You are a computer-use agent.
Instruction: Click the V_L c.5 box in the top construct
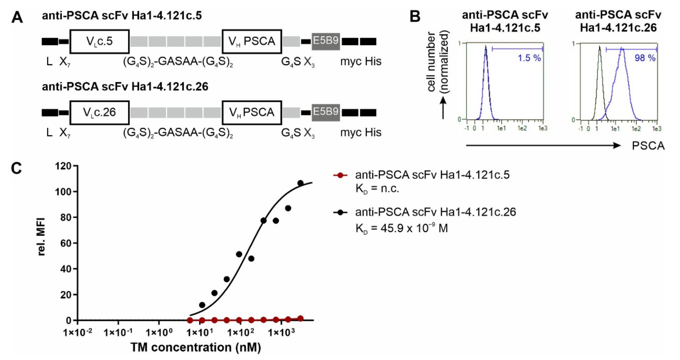click(x=100, y=42)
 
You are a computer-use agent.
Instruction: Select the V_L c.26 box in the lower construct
click(x=100, y=113)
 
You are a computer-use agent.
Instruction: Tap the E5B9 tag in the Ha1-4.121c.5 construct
click(x=326, y=42)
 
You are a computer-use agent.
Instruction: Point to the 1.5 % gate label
click(x=529, y=58)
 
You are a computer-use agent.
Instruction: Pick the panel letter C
click(x=16, y=168)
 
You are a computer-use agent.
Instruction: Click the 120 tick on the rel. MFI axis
click(x=63, y=166)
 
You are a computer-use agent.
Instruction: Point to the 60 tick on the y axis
click(x=66, y=243)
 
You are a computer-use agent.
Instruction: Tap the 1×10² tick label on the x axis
click(x=240, y=332)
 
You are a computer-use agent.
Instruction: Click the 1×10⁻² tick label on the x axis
click(x=78, y=332)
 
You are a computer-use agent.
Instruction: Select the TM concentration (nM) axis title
click(x=196, y=347)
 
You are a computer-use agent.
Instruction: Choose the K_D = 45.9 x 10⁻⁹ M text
click(x=402, y=228)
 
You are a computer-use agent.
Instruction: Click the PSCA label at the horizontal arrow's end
click(x=648, y=146)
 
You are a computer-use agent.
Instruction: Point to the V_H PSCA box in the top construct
click(x=252, y=42)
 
